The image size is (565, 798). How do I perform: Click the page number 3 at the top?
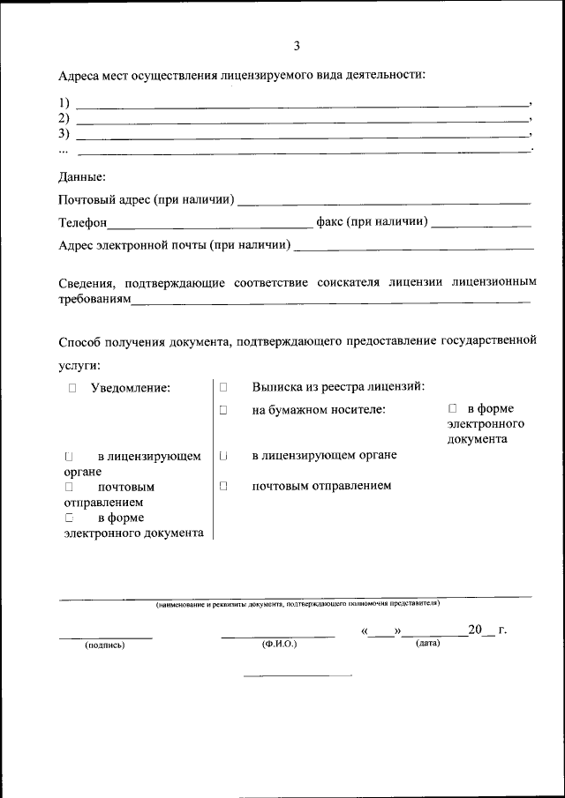[x=297, y=46]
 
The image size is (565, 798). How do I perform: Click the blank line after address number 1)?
[x=300, y=104]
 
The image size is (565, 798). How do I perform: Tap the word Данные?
[x=82, y=176]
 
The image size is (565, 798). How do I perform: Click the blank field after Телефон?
[x=209, y=224]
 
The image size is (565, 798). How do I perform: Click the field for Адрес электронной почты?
[x=413, y=247]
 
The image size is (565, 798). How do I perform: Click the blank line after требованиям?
[x=331, y=302]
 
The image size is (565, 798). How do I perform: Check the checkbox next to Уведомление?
[x=72, y=387]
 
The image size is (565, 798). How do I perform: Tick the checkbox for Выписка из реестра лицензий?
[x=223, y=387]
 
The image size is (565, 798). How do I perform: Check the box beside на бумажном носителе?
[x=223, y=410]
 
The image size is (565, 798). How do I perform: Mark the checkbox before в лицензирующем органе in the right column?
[x=223, y=456]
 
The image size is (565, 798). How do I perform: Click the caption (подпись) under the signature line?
[x=105, y=645]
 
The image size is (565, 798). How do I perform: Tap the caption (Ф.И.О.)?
[x=279, y=645]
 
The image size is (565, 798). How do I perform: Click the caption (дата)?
[x=427, y=644]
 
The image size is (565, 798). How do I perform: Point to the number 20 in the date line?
[x=476, y=630]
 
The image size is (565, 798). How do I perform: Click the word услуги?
[x=79, y=364]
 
